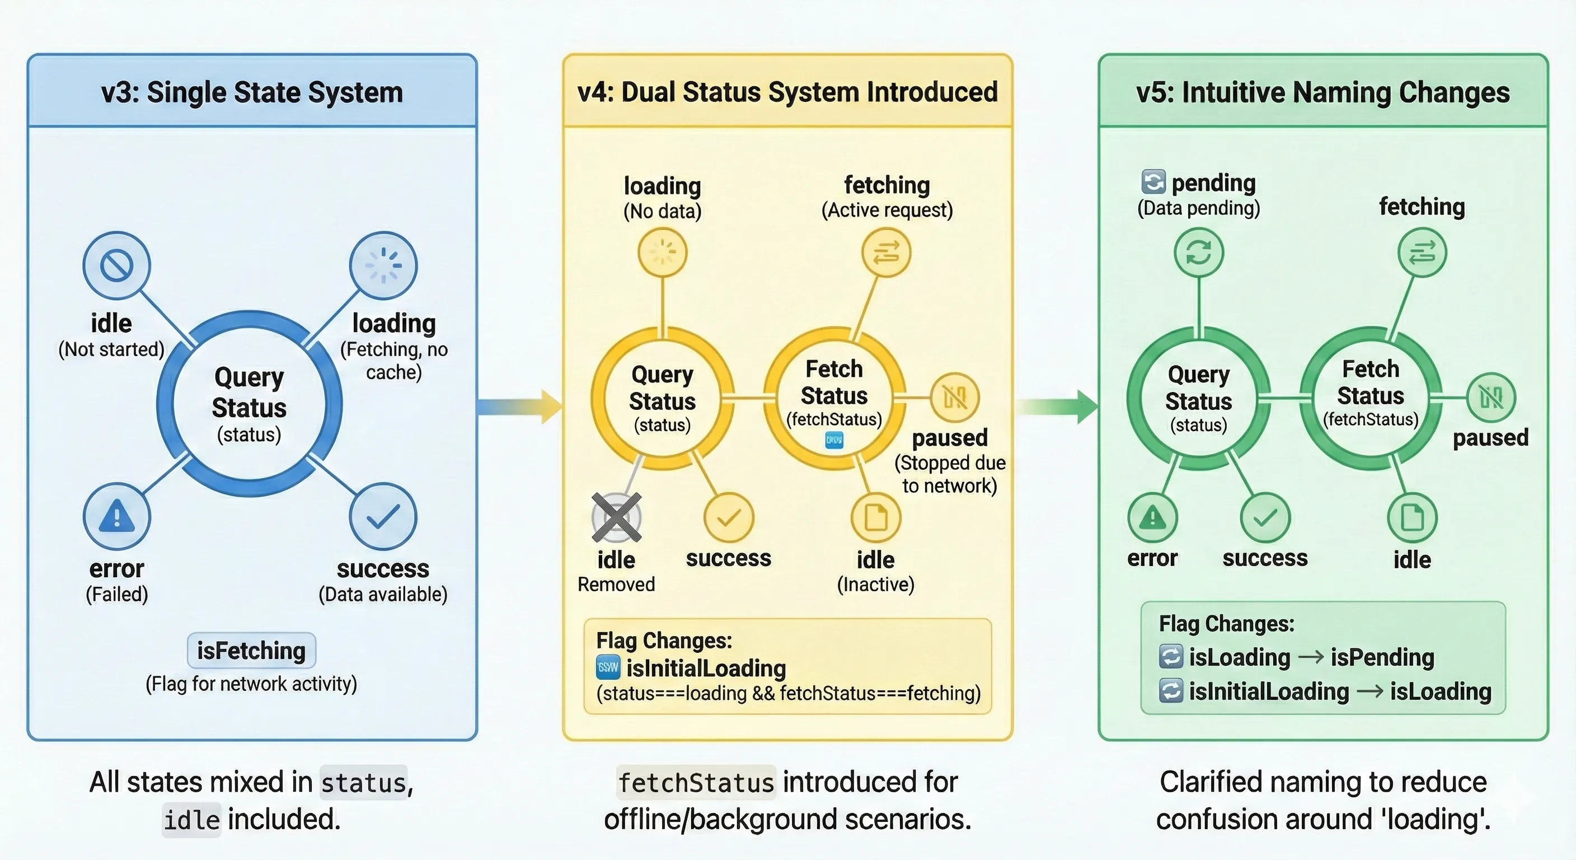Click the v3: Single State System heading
click(251, 92)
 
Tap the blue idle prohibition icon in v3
click(116, 265)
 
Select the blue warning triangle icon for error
click(116, 516)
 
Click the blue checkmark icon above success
click(383, 516)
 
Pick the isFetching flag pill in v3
click(251, 651)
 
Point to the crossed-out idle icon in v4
click(616, 518)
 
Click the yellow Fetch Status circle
click(834, 398)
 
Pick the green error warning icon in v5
click(1153, 518)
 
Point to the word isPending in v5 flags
click(1382, 657)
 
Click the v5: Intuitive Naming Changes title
click(1322, 92)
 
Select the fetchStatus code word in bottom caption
click(696, 783)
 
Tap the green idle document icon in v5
click(1412, 518)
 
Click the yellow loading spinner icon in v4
click(663, 252)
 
